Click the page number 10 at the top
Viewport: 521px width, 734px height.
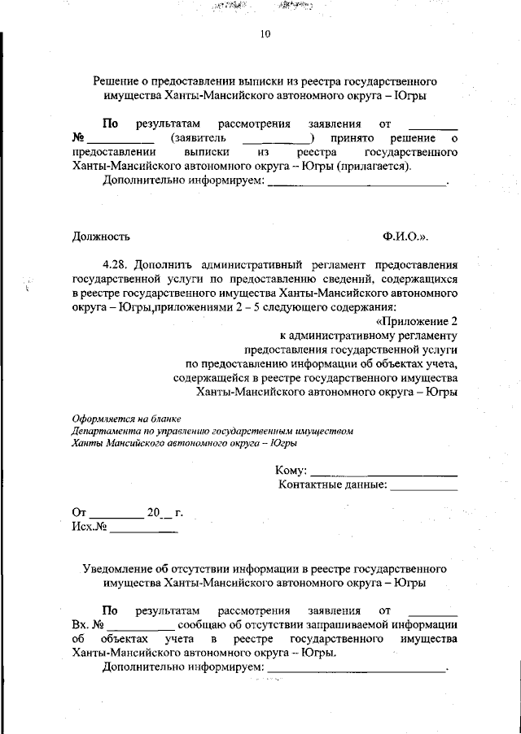point(265,33)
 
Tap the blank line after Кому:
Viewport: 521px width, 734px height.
point(383,472)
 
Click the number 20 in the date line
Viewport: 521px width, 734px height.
point(155,513)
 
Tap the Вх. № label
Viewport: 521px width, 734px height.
point(86,625)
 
